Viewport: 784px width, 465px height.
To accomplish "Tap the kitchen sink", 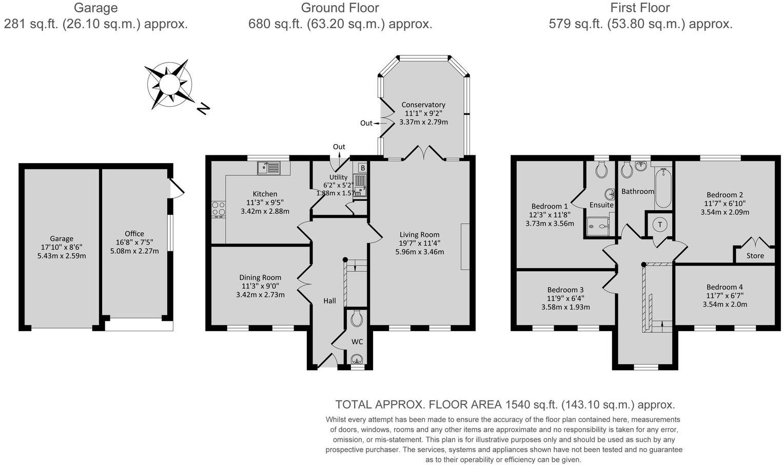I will click(x=268, y=168).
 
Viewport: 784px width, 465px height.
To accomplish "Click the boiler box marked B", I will click(x=362, y=168).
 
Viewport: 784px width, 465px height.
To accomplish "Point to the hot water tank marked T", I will click(x=660, y=225).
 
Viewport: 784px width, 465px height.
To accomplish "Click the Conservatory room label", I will click(x=423, y=105).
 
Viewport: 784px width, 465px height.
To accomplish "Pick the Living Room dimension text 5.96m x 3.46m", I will click(x=419, y=252).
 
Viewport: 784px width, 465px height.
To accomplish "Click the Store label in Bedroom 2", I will click(x=755, y=256).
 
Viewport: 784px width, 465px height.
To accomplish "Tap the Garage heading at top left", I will click(x=95, y=8).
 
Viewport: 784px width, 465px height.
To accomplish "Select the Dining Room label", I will click(x=260, y=277).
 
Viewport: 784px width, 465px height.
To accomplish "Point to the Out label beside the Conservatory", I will click(x=366, y=123).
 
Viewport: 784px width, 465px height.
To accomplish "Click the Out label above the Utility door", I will click(x=339, y=147).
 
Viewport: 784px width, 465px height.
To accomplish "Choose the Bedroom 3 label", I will click(x=565, y=290).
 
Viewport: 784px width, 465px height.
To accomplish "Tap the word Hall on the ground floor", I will click(x=329, y=300).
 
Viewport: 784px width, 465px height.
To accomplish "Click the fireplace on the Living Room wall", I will click(x=465, y=246).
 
